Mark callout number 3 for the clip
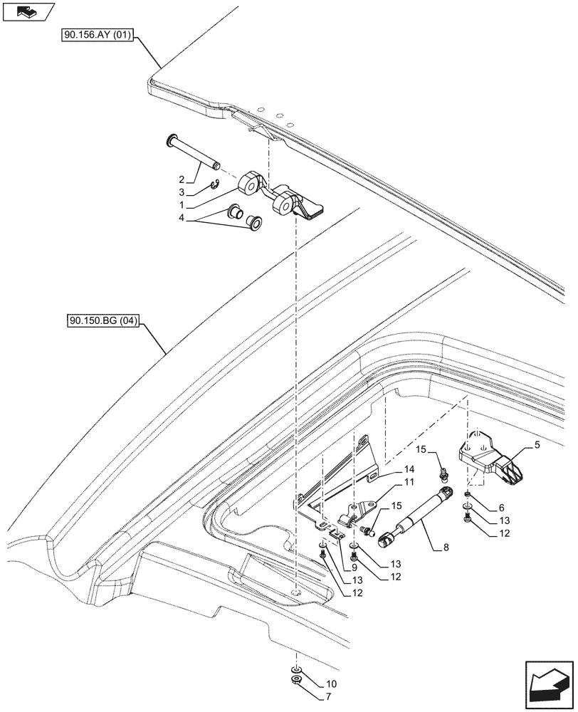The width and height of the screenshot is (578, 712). coord(182,192)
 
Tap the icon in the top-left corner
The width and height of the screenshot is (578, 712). coord(28,11)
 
